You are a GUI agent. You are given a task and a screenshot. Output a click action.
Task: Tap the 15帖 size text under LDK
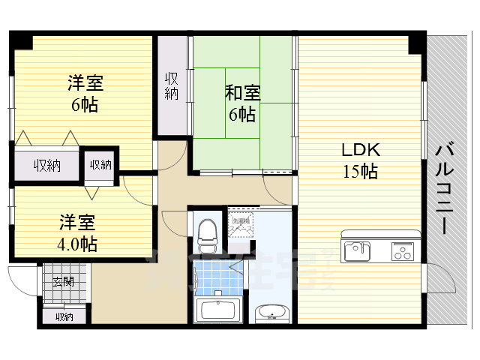[x=360, y=171]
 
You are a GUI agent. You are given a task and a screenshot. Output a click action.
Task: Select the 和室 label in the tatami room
[x=242, y=93]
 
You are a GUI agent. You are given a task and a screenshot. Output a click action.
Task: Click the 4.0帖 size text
[x=79, y=244]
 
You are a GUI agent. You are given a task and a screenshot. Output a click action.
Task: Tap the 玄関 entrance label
[x=63, y=282]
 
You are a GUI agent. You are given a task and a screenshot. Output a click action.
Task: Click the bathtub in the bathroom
[x=217, y=309]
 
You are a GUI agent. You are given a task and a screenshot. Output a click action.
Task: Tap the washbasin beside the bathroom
[x=270, y=313]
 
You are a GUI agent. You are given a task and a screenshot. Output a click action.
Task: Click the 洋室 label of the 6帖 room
[x=85, y=81]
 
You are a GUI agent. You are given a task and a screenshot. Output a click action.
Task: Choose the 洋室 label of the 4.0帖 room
[x=77, y=222]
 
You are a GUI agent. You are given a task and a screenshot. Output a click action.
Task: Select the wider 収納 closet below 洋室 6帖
[x=46, y=164]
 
